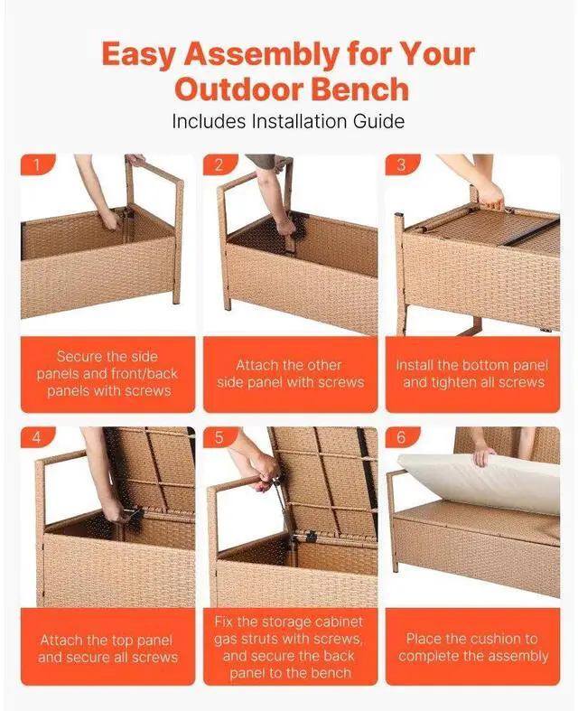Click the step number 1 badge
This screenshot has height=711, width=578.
[37, 165]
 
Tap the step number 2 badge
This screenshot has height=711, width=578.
[219, 165]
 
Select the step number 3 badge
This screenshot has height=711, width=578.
[402, 165]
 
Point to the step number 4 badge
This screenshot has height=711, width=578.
[37, 437]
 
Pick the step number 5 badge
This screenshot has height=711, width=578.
[219, 437]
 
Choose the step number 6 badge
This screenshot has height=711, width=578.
[402, 437]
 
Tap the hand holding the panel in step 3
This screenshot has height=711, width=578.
[490, 195]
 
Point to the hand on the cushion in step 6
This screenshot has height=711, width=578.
[485, 457]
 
